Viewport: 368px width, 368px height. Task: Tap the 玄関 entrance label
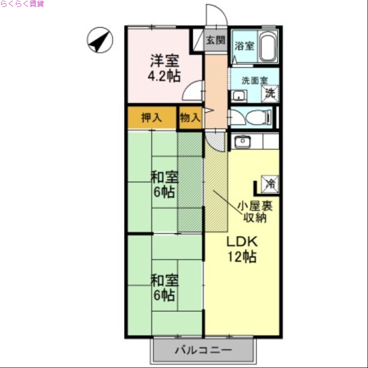pos(215,40)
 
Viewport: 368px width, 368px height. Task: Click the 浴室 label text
pos(244,46)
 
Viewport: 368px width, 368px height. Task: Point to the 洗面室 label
pos(254,80)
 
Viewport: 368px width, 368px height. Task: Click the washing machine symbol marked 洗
pos(270,93)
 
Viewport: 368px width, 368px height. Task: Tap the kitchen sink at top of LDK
pos(242,142)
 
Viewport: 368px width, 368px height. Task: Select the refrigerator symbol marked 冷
pos(270,184)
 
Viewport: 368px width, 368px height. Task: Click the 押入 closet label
pos(151,118)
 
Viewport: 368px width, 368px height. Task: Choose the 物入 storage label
pos(190,118)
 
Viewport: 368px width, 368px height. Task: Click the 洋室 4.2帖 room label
pos(165,68)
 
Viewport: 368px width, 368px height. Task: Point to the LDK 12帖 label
pos(242,249)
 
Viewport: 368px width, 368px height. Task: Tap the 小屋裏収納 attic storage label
pos(255,212)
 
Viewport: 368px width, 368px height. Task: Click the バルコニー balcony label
pos(203,351)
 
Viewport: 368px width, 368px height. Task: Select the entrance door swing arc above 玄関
pos(216,15)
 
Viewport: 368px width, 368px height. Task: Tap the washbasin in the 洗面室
pos(238,96)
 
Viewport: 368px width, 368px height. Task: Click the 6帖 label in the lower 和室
pos(164,295)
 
